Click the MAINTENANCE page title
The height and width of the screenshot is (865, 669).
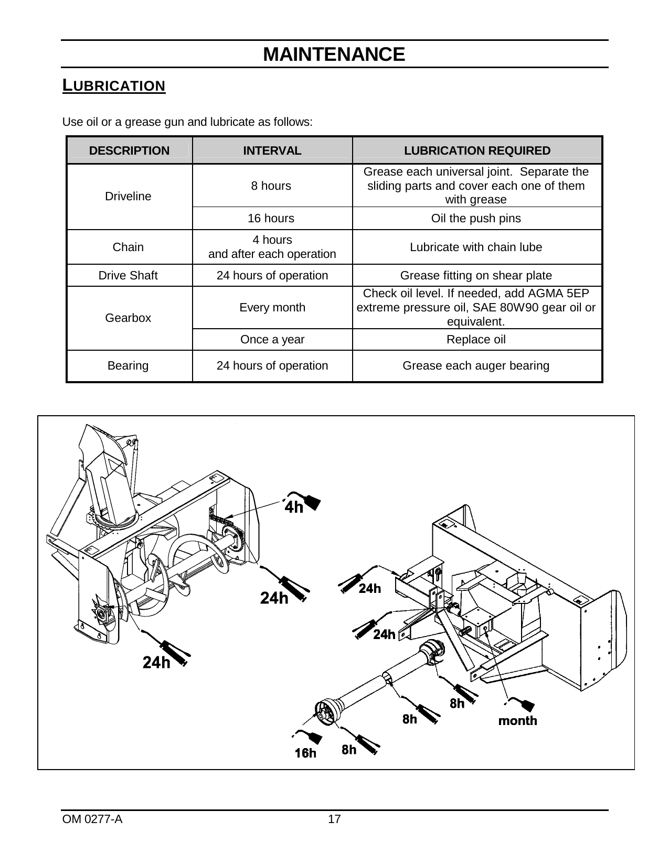[x=334, y=55]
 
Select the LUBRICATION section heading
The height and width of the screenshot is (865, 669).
[x=114, y=85]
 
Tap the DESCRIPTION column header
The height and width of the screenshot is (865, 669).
[x=129, y=151]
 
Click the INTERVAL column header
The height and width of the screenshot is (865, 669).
[x=272, y=151]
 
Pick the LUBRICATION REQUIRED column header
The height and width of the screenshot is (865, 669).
[x=477, y=151]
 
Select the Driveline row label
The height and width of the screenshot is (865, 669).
[x=128, y=197]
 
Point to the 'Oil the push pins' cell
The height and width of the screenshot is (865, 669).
[x=476, y=218]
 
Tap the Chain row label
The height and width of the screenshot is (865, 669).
[x=128, y=247]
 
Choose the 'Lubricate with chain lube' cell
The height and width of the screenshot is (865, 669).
[x=476, y=247]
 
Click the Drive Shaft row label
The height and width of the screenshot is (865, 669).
[x=128, y=275]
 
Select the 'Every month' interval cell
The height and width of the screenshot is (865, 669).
[x=272, y=308]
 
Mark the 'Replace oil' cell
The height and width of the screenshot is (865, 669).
[x=476, y=340]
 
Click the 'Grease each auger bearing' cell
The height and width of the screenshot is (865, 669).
[x=476, y=366]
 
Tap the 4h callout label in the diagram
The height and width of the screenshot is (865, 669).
[x=294, y=507]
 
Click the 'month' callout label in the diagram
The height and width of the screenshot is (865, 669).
[x=517, y=721]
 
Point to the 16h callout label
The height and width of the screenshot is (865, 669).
[x=305, y=753]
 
